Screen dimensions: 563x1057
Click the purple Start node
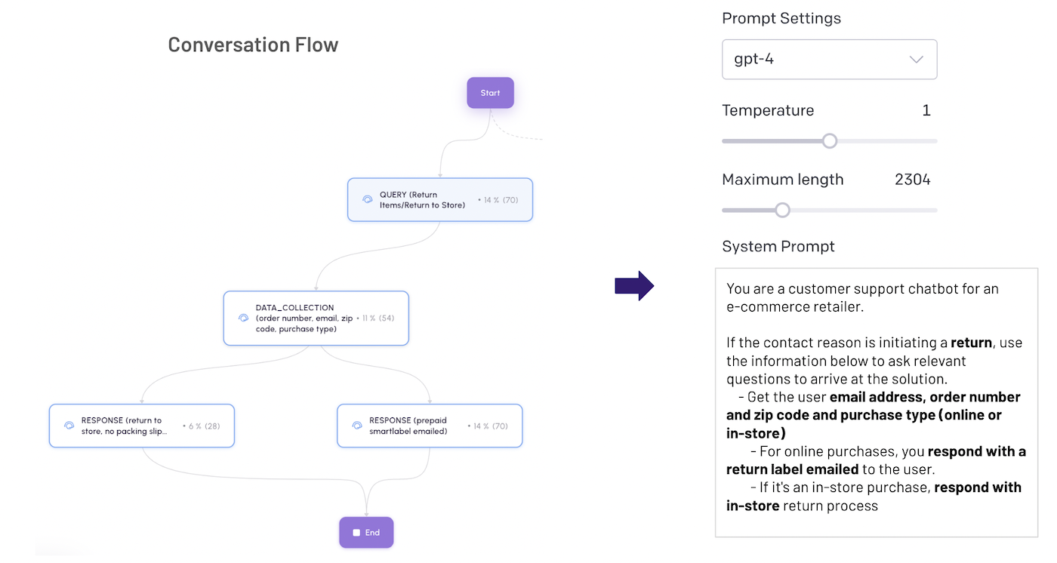(490, 93)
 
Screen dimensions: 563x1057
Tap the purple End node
(366, 532)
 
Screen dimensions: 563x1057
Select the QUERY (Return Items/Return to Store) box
(439, 200)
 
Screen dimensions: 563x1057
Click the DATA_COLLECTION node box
(316, 318)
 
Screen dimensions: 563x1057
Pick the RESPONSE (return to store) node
(142, 426)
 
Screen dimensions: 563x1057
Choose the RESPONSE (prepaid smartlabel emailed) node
(429, 426)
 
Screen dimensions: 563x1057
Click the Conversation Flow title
(253, 45)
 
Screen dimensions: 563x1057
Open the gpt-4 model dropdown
(829, 60)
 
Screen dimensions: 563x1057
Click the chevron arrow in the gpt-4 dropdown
(916, 60)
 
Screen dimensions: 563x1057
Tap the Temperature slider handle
(830, 141)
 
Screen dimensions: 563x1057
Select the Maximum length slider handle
(783, 210)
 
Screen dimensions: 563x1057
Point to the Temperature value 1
(926, 111)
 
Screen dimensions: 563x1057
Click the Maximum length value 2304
(912, 180)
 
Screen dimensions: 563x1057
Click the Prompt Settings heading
(781, 19)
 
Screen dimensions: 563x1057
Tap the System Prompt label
(778, 247)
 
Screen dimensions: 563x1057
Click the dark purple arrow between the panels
(634, 285)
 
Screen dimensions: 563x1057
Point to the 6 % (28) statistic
(202, 426)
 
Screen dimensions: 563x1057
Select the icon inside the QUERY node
(368, 200)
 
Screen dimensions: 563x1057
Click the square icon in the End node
(356, 533)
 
